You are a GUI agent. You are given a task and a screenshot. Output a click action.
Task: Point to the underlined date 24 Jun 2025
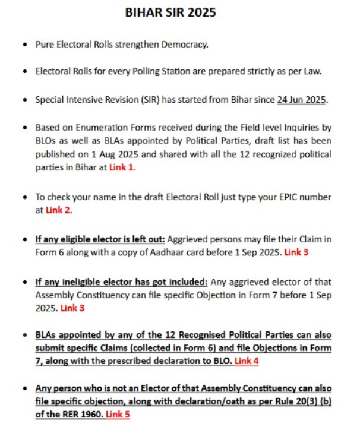click(310, 100)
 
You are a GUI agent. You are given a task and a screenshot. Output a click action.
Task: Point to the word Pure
click(45, 45)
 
